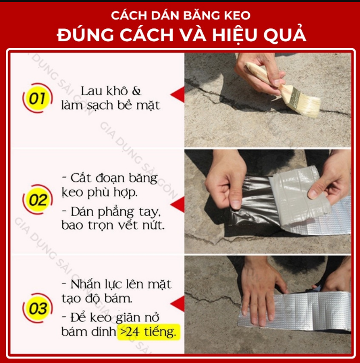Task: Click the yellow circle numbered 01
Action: (x=37, y=98)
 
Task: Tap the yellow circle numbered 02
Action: (x=37, y=199)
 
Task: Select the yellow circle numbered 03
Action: (x=37, y=308)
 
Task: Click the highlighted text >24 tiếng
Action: (x=149, y=332)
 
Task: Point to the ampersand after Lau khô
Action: (x=136, y=91)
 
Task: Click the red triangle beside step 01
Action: (x=178, y=95)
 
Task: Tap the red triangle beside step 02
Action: (x=178, y=204)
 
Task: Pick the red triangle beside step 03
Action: (x=178, y=303)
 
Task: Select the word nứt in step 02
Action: (x=154, y=225)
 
